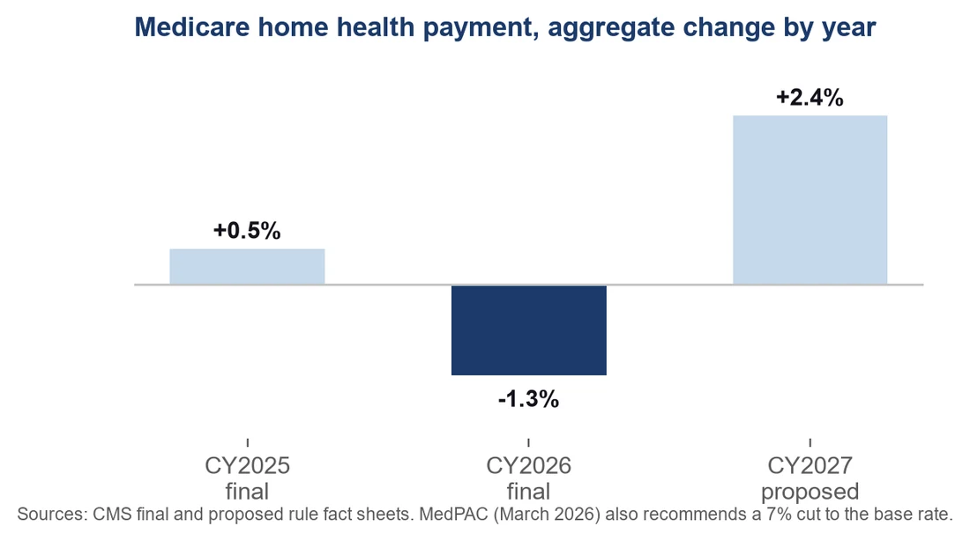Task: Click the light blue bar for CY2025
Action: click(x=247, y=266)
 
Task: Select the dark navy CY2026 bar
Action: click(x=529, y=330)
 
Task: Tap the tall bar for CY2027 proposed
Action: click(x=810, y=200)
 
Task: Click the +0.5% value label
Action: click(x=247, y=231)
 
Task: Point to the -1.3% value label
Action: click(x=528, y=399)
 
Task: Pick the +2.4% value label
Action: click(x=810, y=98)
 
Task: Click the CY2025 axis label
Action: click(x=248, y=465)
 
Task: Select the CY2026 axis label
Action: click(x=528, y=465)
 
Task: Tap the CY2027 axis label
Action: click(x=810, y=465)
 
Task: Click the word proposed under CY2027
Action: click(x=810, y=493)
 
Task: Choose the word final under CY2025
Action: click(x=247, y=492)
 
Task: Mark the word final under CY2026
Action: click(x=528, y=492)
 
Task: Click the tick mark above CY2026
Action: click(x=528, y=442)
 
